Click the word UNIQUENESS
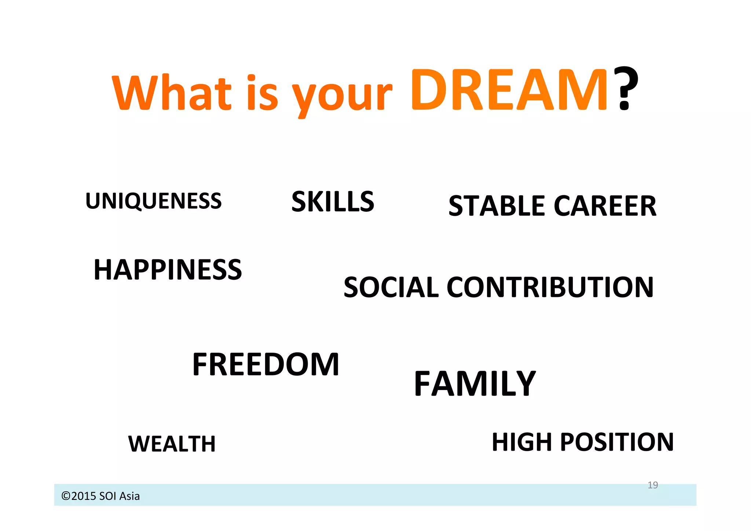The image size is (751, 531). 153,201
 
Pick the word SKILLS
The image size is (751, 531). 333,201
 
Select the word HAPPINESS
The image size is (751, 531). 168,270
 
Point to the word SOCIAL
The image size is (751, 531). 391,287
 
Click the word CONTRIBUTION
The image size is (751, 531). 550,287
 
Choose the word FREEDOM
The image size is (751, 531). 265,364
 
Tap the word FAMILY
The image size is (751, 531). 475,384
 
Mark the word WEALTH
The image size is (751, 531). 172,444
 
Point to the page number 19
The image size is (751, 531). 653,485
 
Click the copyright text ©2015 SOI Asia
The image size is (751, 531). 100,496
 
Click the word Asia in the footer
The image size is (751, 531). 129,496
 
